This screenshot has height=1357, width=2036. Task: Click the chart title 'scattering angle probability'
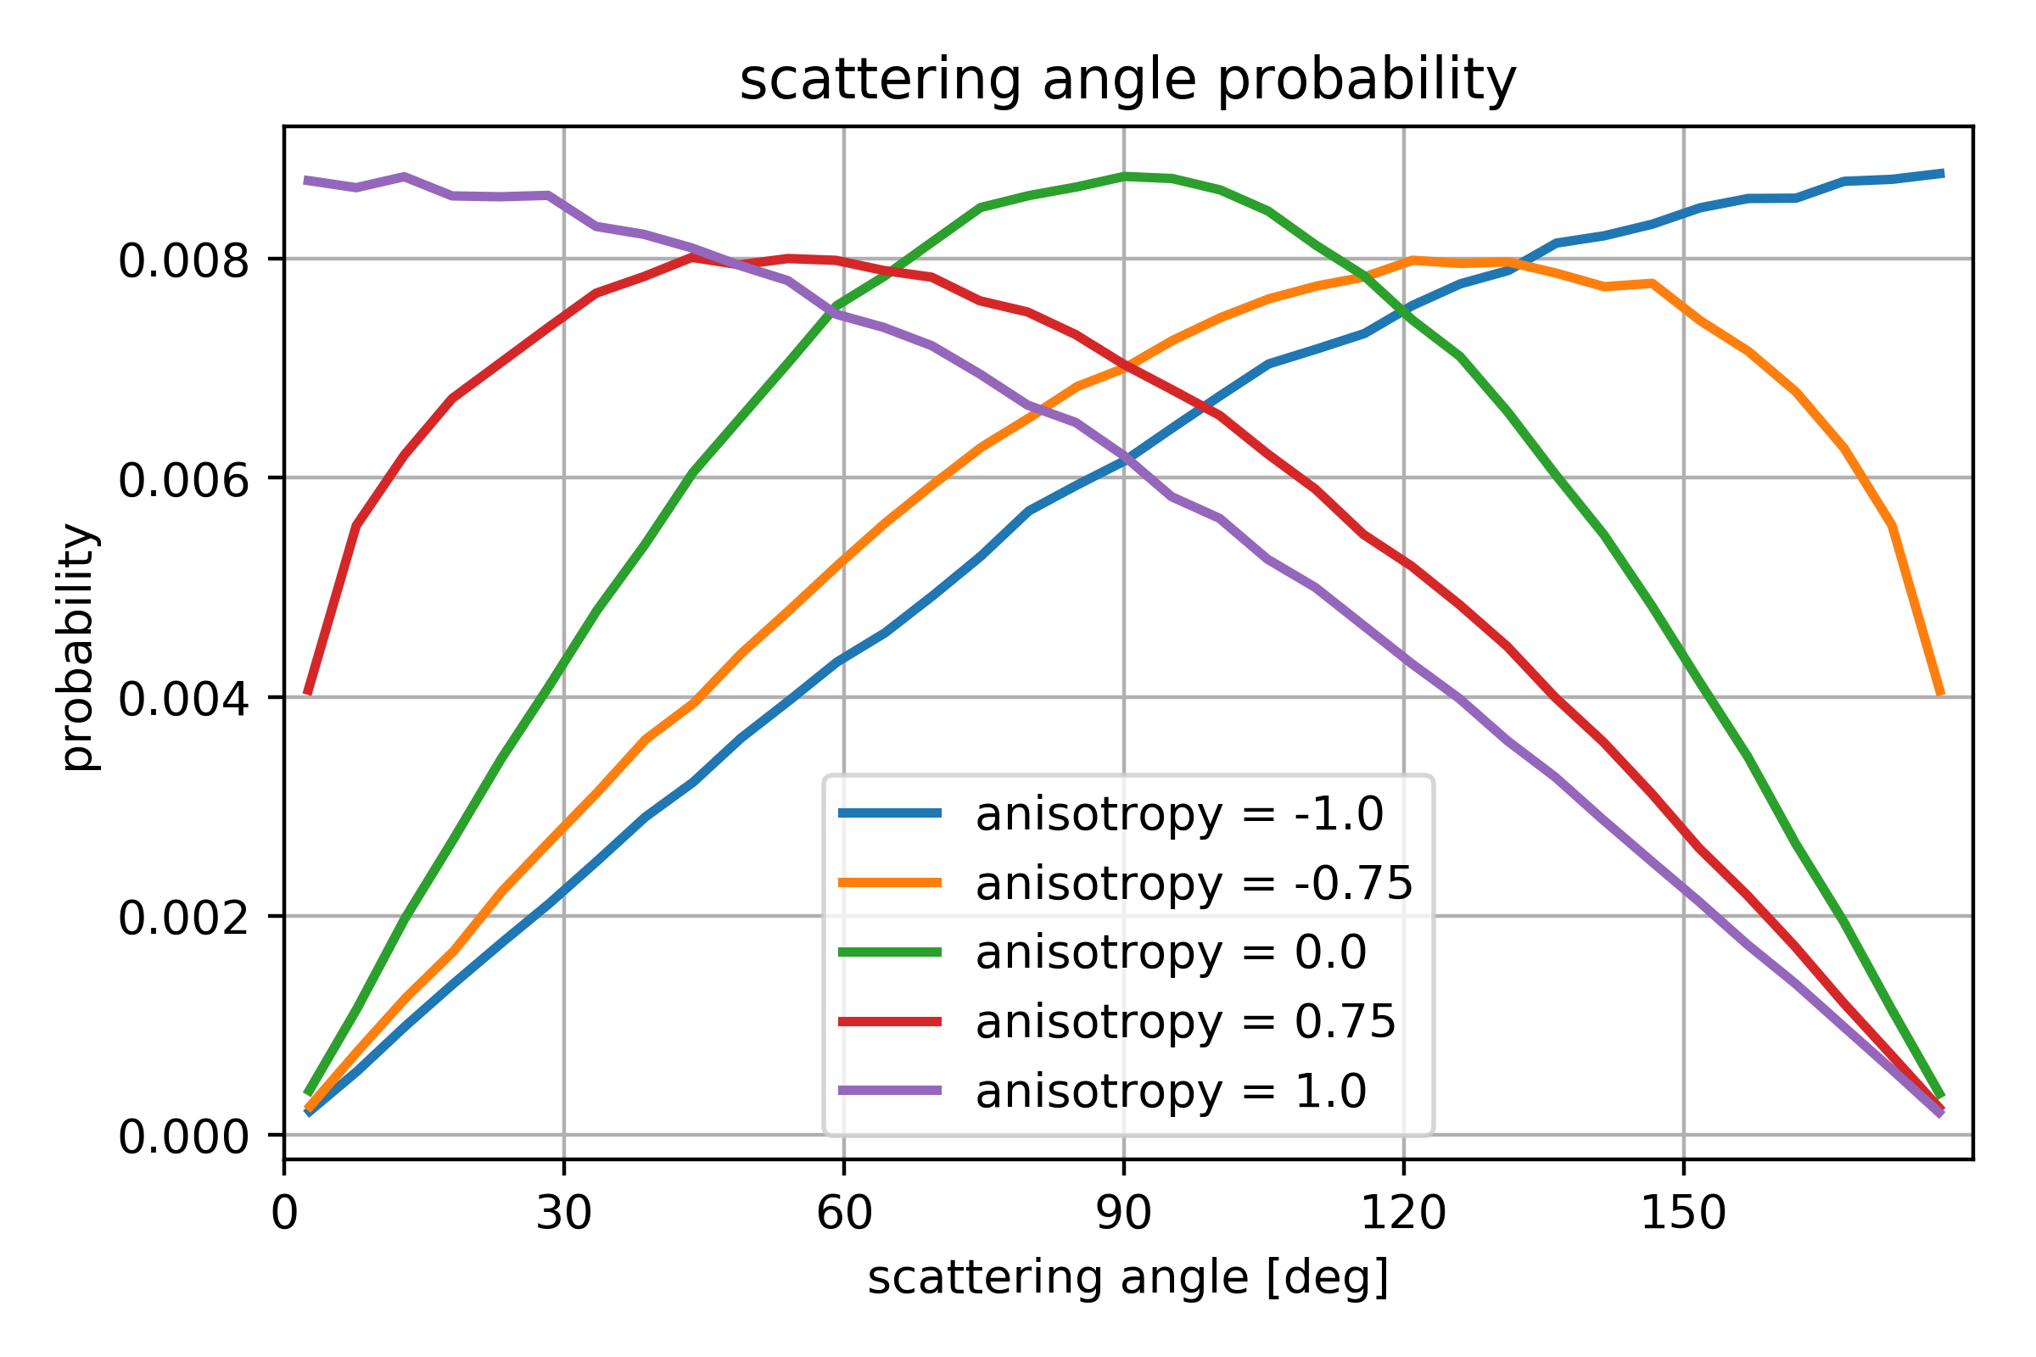click(1128, 81)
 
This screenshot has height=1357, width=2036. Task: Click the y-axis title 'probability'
click(79, 646)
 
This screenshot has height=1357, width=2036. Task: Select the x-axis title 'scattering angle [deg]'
click(1128, 1278)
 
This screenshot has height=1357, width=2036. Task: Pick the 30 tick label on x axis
click(563, 1215)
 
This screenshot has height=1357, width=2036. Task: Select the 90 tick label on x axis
click(1123, 1215)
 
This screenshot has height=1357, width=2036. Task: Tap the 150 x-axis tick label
click(1684, 1215)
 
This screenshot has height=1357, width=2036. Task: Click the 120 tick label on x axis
click(1403, 1215)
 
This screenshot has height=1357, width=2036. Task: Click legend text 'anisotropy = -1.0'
click(1179, 814)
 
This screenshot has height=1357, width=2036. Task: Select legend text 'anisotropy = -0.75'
click(1194, 884)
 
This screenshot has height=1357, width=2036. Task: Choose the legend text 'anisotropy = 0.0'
click(1171, 952)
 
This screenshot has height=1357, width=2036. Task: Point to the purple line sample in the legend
click(890, 1091)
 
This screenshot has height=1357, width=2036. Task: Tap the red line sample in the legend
click(890, 1022)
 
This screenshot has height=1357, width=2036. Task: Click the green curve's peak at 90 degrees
click(1123, 176)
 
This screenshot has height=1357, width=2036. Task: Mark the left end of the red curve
click(307, 693)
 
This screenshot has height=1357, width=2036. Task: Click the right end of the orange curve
click(1942, 693)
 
